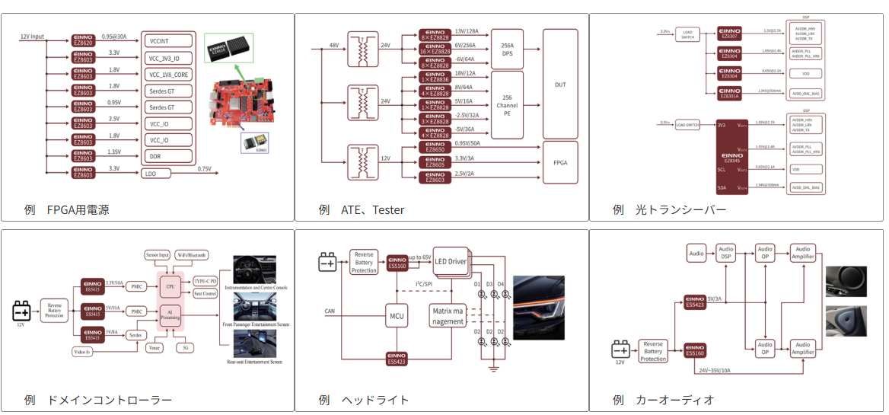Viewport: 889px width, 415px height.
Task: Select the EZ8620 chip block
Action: [x=83, y=40]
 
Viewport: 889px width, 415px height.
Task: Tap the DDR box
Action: [x=168, y=156]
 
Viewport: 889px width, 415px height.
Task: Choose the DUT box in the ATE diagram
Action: [x=560, y=84]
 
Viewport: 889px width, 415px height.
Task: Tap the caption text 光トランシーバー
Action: [x=680, y=209]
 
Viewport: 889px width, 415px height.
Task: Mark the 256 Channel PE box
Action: [x=507, y=105]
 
